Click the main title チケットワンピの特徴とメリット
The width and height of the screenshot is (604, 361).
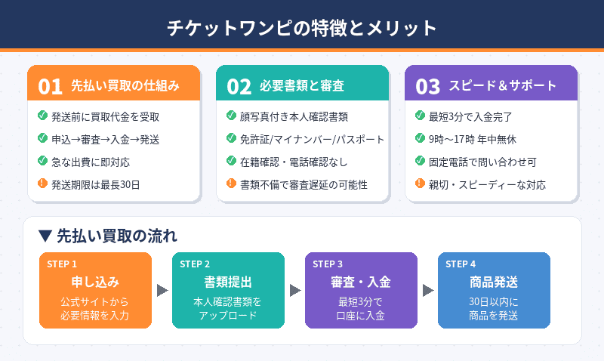click(302, 28)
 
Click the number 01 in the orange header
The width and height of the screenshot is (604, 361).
click(50, 86)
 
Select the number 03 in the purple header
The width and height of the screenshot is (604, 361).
click(427, 86)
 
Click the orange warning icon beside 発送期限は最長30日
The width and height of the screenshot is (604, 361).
click(42, 184)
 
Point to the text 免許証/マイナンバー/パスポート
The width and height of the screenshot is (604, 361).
click(312, 140)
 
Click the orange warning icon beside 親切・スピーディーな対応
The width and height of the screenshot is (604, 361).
click(420, 184)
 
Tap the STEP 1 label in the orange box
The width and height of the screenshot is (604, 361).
click(62, 264)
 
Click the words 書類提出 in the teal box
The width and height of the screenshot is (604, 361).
click(228, 282)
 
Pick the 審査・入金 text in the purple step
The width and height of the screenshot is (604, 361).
click(361, 282)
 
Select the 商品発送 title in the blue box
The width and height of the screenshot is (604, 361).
click(494, 282)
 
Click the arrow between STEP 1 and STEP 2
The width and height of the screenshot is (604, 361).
click(162, 290)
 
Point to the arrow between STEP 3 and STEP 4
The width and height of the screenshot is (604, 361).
click(427, 290)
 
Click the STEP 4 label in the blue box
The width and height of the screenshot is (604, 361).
click(461, 264)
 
